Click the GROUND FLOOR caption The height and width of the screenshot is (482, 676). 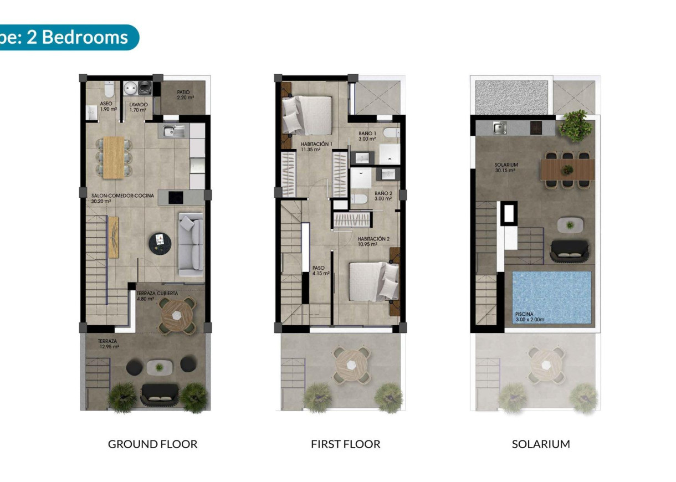click(152, 444)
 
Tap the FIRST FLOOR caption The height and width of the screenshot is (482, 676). click(346, 444)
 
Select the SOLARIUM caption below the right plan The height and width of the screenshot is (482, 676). click(541, 444)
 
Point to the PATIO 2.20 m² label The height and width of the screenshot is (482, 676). click(186, 95)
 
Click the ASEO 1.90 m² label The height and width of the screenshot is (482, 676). click(108, 106)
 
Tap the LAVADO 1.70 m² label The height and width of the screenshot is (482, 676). click(139, 107)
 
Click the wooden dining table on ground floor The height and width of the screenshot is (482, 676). click(114, 157)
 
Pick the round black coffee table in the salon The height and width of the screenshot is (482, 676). click(160, 242)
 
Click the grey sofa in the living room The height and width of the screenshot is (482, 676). click(190, 244)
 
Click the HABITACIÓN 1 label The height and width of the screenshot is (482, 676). click(316, 147)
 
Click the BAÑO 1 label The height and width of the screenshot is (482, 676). click(367, 136)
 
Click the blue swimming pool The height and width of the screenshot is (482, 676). click(551, 296)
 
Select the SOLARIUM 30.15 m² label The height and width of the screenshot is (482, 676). click(506, 168)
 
